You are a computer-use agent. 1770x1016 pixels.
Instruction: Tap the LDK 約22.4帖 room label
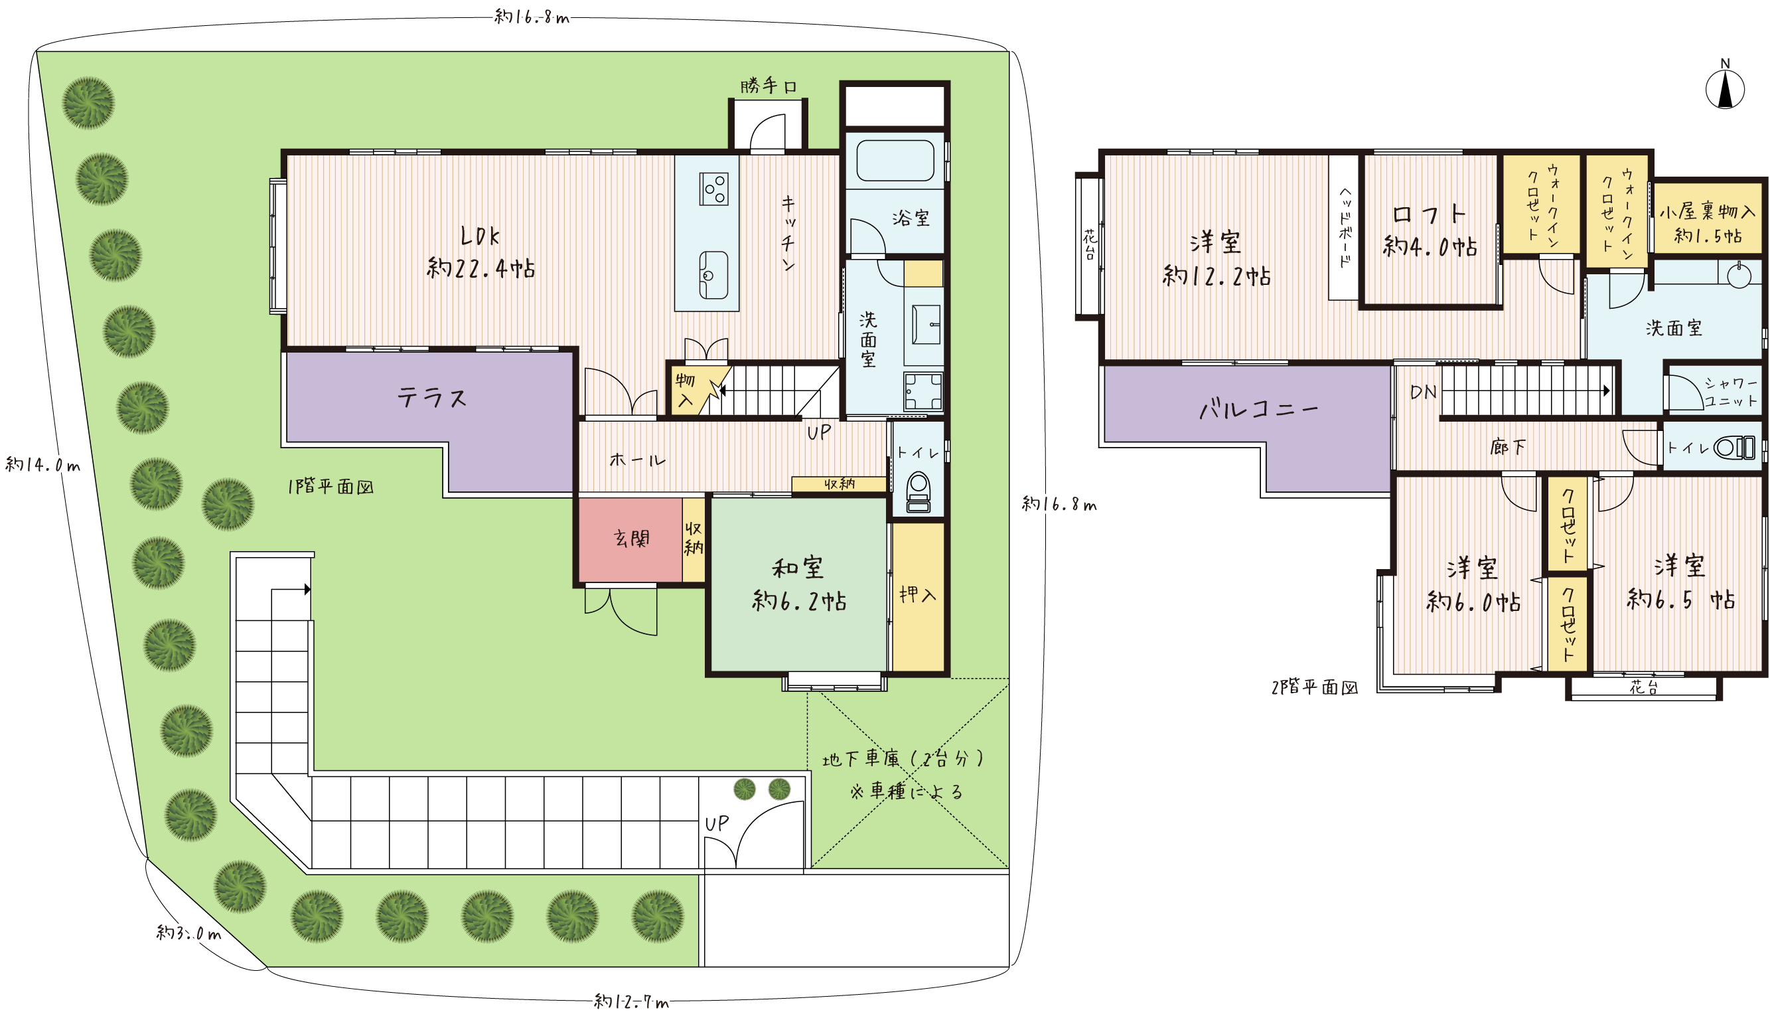point(480,252)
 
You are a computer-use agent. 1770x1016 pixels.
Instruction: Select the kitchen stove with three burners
point(713,189)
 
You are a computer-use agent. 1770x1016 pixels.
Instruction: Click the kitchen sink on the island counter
point(713,275)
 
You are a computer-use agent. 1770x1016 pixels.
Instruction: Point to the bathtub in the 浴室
point(895,161)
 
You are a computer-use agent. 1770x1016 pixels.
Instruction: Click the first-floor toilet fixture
point(919,493)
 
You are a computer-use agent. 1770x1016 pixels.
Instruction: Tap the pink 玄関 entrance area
point(630,539)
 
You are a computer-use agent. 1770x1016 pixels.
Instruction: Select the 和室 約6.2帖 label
point(798,585)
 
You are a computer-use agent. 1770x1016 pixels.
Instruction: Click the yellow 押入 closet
point(919,596)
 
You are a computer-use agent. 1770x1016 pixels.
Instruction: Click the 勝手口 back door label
point(769,86)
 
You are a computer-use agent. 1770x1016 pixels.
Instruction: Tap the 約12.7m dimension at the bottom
point(631,1002)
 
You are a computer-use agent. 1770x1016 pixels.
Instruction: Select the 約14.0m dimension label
point(42,465)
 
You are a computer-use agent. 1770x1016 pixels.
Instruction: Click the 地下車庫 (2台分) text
point(903,758)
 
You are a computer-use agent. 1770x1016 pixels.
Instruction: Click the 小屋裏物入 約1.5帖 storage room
point(1707,218)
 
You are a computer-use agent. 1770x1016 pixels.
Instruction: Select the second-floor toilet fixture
point(1735,448)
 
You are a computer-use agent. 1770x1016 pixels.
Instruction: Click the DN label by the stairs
point(1423,392)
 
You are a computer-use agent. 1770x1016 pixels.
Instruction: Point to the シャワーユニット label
point(1731,392)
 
